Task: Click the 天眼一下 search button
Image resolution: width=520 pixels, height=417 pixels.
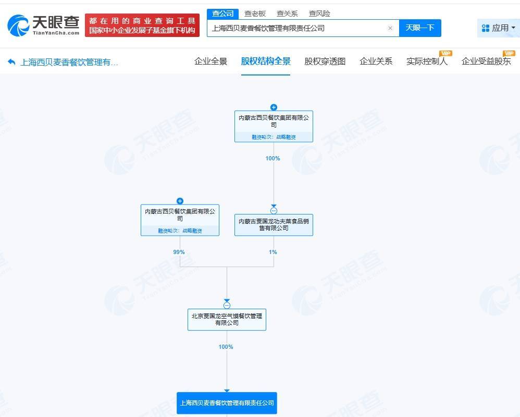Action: (420, 28)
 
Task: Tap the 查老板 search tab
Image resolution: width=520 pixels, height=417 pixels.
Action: (255, 14)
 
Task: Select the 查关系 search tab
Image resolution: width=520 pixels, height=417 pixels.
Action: (287, 14)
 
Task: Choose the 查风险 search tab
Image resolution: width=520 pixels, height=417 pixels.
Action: (319, 14)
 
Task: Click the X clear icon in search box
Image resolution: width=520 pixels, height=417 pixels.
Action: (390, 28)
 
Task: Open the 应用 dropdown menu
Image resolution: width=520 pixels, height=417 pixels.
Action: (499, 28)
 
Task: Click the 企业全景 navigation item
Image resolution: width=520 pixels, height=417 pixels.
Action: (211, 61)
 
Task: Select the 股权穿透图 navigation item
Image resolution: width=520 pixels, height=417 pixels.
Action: (325, 61)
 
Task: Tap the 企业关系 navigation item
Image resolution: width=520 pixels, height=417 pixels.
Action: (376, 61)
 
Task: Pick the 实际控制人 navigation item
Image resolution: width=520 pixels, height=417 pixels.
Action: (427, 61)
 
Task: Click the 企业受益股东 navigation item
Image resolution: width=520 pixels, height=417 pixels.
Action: (486, 61)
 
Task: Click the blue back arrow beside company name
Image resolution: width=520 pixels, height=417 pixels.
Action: (11, 62)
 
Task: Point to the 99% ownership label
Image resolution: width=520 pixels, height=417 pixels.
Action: (179, 252)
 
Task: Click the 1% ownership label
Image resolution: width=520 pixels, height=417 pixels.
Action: (273, 252)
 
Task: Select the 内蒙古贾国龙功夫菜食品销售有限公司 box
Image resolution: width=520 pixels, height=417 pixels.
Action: (274, 225)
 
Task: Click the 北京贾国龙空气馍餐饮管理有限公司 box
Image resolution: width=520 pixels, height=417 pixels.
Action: (227, 320)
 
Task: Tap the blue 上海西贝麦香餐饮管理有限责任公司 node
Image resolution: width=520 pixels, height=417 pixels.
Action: (227, 403)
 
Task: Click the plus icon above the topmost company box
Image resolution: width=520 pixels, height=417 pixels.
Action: (274, 107)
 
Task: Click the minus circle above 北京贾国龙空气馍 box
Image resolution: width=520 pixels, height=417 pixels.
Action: (227, 305)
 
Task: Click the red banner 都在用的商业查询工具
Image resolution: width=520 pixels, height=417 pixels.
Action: (142, 25)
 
